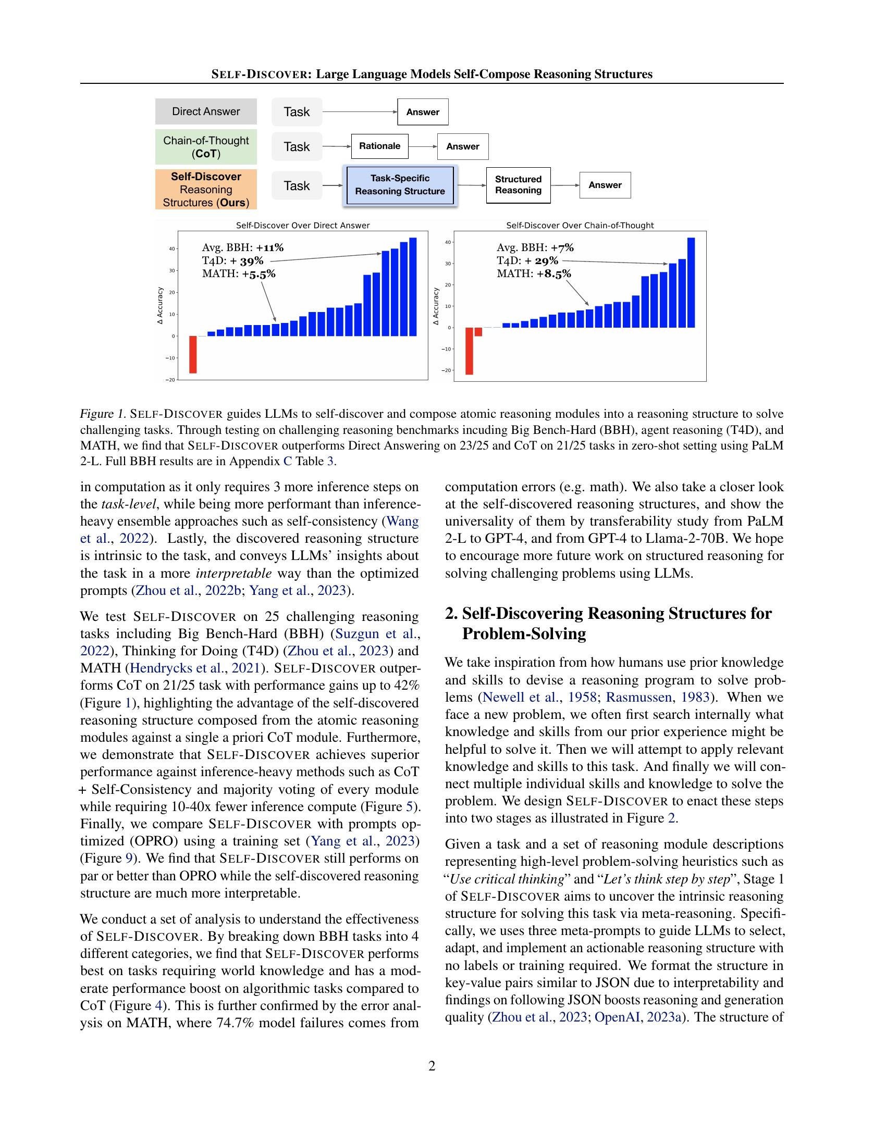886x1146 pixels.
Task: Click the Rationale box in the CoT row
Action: [x=379, y=146]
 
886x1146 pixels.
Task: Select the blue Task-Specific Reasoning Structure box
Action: [x=400, y=185]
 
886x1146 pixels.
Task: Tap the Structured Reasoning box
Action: [x=518, y=185]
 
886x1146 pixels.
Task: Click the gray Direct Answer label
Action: [x=206, y=111]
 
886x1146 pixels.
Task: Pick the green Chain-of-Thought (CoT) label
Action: [x=206, y=147]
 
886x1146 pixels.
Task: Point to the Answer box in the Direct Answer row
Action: [x=423, y=112]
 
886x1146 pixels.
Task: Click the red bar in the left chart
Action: [x=193, y=354]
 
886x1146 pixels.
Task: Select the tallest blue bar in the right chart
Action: [x=691, y=282]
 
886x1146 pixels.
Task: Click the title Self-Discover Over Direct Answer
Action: [x=302, y=225]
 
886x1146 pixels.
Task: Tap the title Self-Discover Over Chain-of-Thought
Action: [x=580, y=225]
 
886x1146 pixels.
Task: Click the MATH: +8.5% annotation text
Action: [x=534, y=273]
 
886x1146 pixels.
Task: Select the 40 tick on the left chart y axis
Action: [x=171, y=248]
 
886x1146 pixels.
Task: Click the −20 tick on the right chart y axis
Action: [x=446, y=370]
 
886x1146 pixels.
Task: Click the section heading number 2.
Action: [x=450, y=614]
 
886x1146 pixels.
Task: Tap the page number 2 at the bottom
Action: [x=432, y=1066]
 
